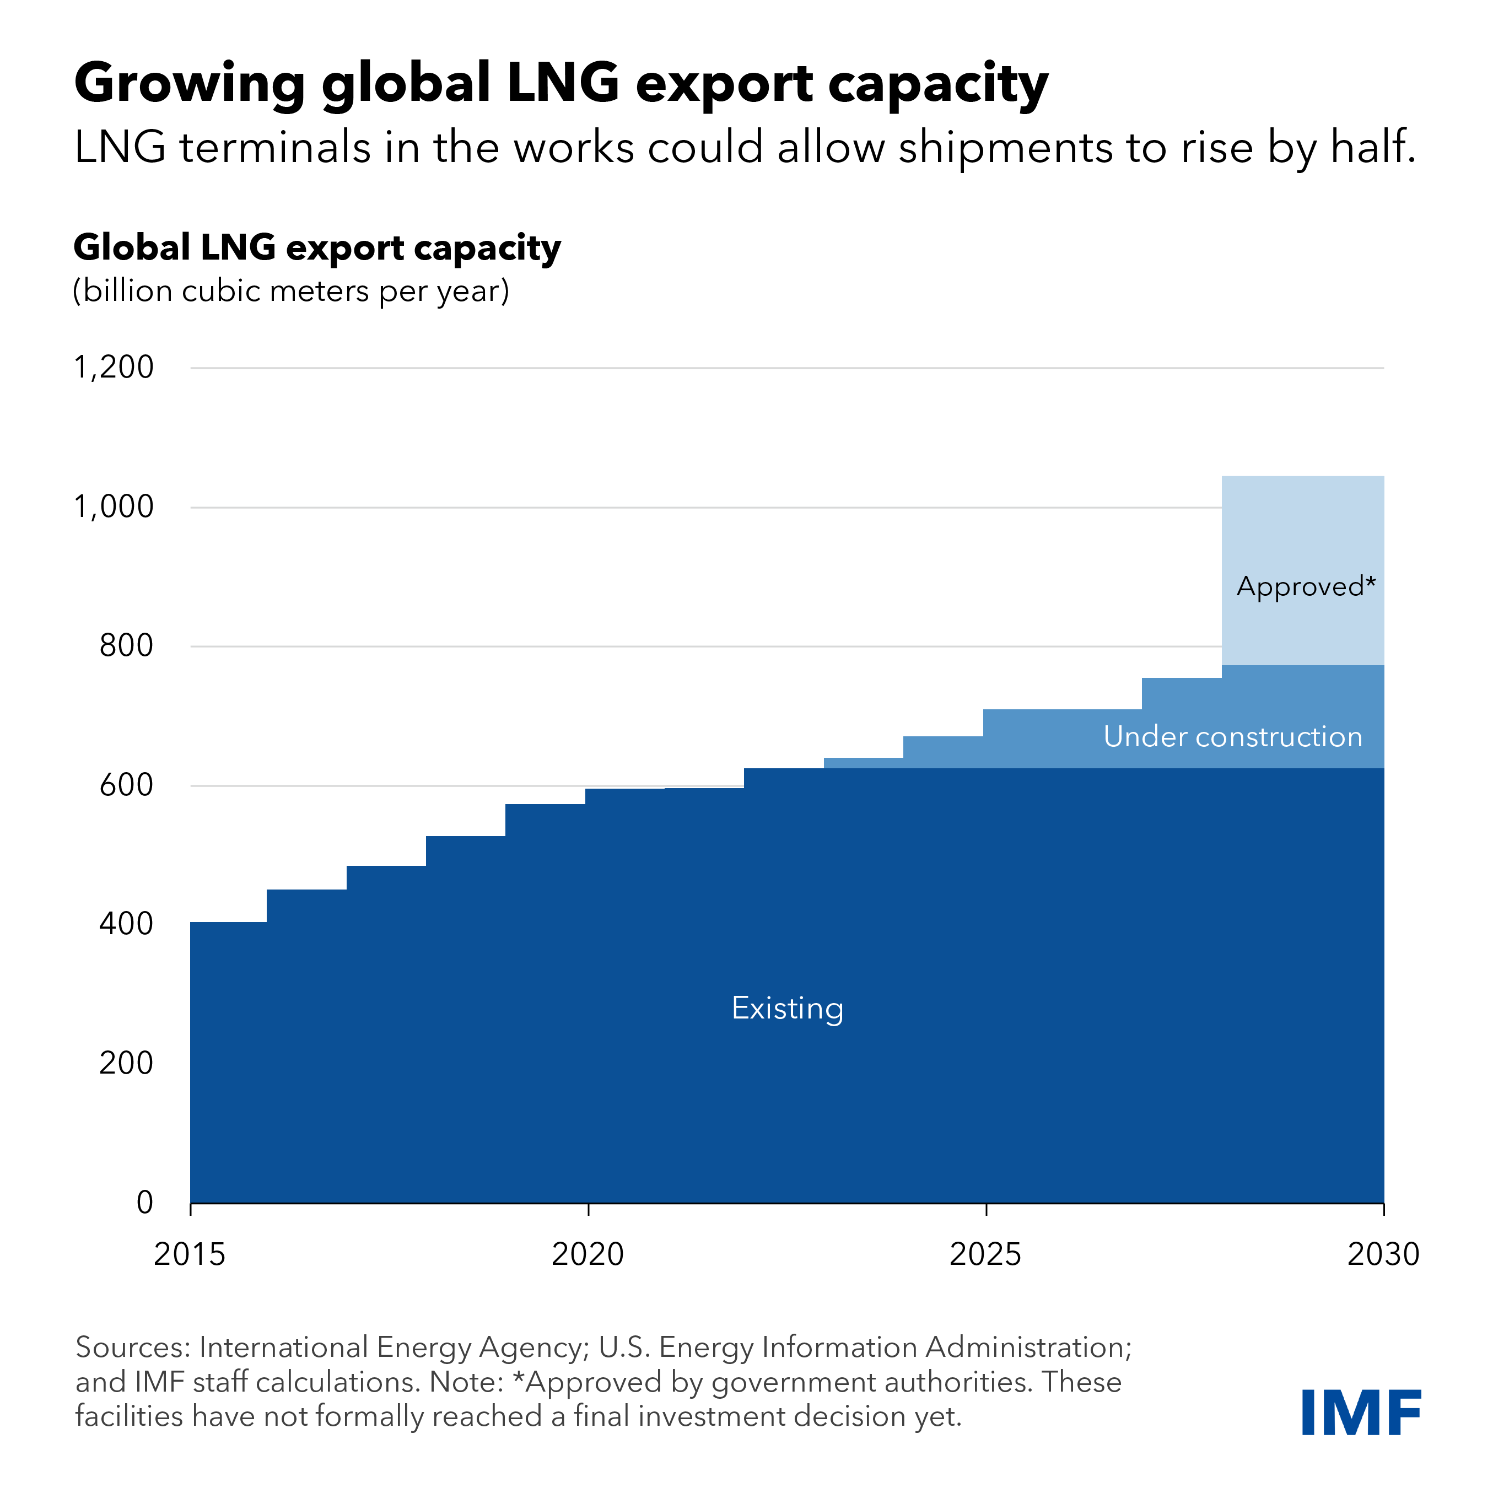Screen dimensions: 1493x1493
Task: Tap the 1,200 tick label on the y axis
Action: (114, 367)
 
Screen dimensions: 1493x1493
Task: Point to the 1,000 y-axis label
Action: (114, 507)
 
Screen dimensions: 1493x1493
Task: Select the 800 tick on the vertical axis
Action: (126, 646)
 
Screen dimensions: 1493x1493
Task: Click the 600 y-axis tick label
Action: (126, 785)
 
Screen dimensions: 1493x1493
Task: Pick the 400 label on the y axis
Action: (126, 924)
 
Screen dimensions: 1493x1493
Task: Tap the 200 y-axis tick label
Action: (126, 1063)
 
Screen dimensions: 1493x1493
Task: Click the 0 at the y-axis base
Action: (144, 1203)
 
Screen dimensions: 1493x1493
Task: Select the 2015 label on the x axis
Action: (190, 1254)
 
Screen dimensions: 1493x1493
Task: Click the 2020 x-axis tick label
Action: (588, 1254)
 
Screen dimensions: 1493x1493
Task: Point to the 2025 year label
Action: (985, 1254)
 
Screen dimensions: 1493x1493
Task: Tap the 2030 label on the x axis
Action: (1382, 1254)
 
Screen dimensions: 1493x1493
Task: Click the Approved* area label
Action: (1306, 586)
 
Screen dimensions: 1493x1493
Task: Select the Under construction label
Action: (1232, 736)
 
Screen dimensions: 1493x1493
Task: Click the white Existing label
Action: (788, 1009)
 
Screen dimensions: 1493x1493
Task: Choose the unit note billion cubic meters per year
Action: (292, 292)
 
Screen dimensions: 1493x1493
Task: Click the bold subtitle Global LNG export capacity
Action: (317, 247)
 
